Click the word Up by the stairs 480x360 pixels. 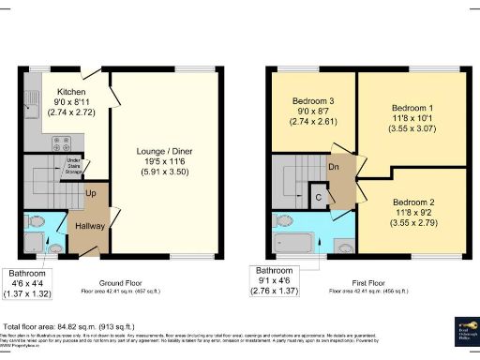click(x=92, y=193)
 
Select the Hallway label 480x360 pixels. click(x=91, y=226)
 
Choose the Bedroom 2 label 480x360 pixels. click(x=412, y=202)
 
